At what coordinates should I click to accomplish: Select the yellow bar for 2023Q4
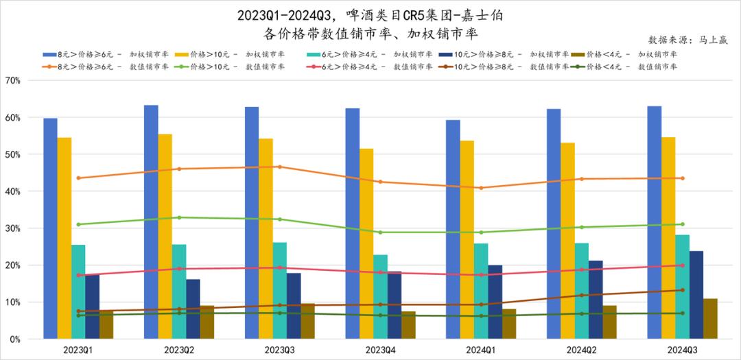tap(366, 243)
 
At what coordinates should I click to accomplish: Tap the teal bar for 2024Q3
tap(683, 287)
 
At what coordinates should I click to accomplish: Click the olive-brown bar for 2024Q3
tap(710, 318)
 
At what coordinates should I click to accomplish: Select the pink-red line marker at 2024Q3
tap(682, 265)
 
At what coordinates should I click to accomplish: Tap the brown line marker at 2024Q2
tap(582, 296)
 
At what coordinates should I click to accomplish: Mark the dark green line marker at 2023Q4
tap(380, 315)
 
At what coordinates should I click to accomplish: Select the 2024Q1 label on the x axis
tap(480, 350)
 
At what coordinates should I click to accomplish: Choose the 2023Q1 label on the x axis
tap(78, 350)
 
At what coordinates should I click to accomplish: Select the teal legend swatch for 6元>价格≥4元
tap(314, 54)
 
